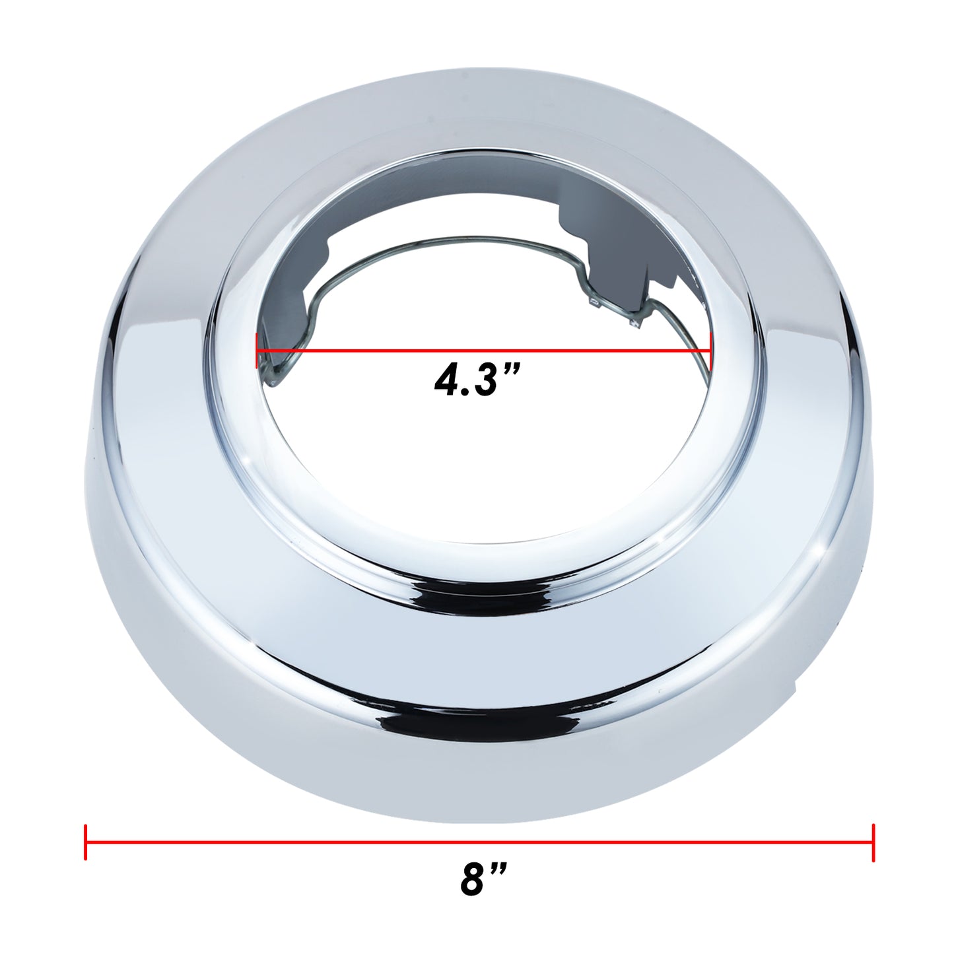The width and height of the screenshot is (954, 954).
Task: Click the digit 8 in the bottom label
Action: [x=473, y=879]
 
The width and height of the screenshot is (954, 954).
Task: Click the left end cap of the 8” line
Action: [x=86, y=842]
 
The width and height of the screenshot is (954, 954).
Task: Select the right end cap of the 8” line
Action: [x=873, y=842]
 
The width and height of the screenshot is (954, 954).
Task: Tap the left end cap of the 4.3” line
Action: [x=257, y=351]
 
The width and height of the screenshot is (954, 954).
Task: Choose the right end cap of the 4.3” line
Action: [x=710, y=351]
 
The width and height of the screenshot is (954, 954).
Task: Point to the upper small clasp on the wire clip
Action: [x=592, y=302]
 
